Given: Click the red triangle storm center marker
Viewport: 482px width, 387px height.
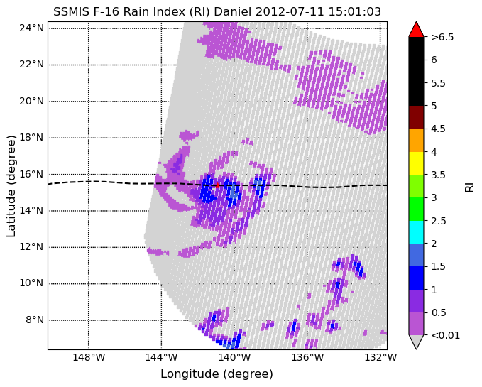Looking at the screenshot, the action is [x=217, y=185].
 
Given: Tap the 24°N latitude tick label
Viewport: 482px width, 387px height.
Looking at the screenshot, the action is [x=32, y=28].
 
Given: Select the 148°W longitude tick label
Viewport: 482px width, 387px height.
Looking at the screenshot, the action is [x=89, y=357].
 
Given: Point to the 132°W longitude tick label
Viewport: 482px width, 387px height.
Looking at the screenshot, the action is [x=380, y=357].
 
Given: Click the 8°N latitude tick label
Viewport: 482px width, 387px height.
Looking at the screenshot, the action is [x=34, y=320].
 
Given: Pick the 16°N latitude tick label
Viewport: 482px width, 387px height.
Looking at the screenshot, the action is [x=32, y=174].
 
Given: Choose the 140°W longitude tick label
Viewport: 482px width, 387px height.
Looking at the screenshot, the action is [x=234, y=357].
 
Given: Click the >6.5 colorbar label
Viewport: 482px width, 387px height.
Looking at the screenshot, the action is [x=442, y=37].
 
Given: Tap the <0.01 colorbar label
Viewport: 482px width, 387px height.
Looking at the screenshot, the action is [x=445, y=335].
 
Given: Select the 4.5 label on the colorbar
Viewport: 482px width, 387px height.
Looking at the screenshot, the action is [x=438, y=129].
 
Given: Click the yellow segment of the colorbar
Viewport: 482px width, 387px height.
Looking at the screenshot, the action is [x=416, y=163].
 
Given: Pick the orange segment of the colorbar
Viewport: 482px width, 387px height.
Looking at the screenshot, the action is [x=416, y=140].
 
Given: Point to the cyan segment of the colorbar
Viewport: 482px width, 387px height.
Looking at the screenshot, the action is [x=416, y=232].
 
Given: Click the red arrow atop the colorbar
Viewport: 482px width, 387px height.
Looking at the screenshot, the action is [x=416, y=30].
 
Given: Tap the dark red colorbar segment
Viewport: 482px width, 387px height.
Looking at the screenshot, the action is [x=416, y=117].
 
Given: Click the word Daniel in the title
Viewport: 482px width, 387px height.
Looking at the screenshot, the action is [x=233, y=12].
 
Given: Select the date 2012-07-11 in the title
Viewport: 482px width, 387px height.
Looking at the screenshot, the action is [x=290, y=12].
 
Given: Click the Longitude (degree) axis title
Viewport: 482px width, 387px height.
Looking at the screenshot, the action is [x=217, y=374].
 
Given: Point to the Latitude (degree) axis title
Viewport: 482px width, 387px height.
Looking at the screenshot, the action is [x=11, y=186].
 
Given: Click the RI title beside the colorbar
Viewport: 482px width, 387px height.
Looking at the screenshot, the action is [x=469, y=186].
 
